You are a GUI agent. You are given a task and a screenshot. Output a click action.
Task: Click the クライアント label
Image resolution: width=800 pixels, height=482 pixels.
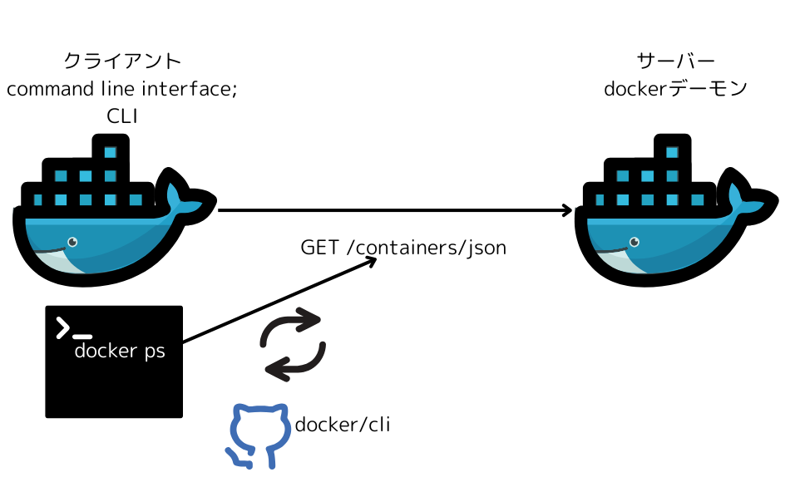122,61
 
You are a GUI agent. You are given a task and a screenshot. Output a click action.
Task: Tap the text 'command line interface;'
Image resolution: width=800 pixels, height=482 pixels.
122,89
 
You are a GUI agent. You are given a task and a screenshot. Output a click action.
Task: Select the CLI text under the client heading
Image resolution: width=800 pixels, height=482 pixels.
122,117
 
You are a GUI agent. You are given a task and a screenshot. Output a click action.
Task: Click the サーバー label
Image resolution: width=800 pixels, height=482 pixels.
675,61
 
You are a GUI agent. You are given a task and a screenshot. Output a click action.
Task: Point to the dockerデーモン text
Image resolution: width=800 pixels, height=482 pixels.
675,88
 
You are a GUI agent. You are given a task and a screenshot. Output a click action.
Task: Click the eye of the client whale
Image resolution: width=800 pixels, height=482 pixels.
72,242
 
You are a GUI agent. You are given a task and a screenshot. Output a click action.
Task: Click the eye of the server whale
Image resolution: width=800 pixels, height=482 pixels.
635,242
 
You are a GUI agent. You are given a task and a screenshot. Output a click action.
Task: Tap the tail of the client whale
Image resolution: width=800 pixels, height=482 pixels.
185,196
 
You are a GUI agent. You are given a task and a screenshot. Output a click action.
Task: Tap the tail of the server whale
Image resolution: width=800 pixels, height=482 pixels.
748,196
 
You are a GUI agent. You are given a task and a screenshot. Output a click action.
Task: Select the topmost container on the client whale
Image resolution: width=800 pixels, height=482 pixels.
111,153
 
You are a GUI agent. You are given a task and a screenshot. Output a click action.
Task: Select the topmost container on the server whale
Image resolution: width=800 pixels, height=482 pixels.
674,153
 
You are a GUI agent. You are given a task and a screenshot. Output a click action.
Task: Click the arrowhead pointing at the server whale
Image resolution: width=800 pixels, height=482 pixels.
568,210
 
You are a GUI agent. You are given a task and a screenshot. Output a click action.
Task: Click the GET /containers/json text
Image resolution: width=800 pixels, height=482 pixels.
403,248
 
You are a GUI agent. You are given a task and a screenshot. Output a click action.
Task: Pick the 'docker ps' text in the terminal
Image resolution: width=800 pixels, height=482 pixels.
120,351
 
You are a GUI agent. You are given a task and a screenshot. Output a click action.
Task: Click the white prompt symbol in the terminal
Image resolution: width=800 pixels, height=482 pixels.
63,327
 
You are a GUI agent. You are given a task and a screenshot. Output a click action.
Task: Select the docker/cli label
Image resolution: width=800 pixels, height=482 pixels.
343,425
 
